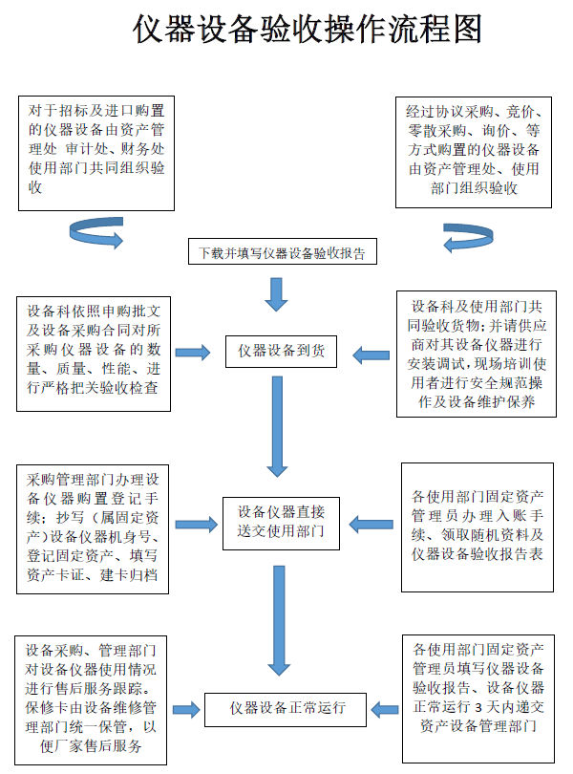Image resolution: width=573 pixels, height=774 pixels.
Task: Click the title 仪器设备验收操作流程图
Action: (308, 31)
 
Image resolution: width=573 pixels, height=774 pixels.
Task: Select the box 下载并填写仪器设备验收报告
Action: (282, 253)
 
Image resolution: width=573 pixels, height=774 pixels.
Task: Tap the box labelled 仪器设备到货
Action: (281, 352)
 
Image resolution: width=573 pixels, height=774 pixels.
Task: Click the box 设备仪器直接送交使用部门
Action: (281, 522)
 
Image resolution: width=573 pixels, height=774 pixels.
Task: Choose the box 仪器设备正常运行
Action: (286, 709)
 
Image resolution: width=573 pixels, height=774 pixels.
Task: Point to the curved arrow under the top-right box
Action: (469, 235)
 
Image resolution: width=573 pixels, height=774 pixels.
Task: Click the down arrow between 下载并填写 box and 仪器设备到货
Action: (277, 294)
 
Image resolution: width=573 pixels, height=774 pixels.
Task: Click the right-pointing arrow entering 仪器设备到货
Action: (193, 353)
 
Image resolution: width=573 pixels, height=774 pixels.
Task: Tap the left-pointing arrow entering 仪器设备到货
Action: (371, 355)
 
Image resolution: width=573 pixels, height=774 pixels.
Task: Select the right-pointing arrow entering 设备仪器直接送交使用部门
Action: (196, 524)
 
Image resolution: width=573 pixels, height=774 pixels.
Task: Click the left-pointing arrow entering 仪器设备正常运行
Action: (384, 710)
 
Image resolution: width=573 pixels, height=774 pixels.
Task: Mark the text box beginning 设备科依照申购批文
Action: (95, 350)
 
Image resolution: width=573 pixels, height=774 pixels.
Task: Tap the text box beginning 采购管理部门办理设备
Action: (94, 527)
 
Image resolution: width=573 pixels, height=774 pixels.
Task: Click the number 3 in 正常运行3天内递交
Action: (474, 707)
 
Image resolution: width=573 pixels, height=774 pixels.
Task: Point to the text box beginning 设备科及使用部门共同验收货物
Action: (477, 354)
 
